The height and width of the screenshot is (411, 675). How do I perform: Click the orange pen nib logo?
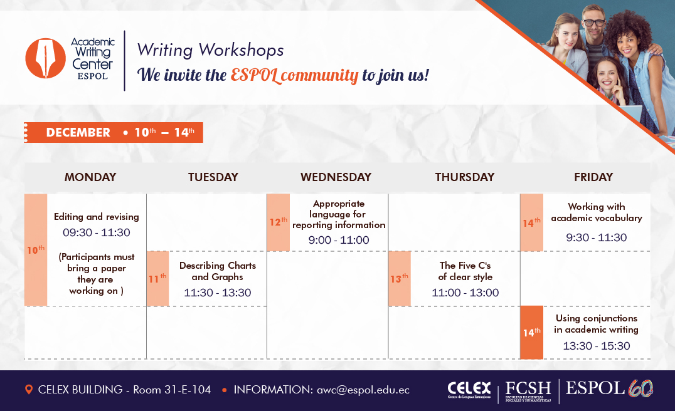tap(45, 58)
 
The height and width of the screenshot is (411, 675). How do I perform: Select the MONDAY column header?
tap(90, 177)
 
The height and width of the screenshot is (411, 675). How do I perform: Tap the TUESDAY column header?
tap(213, 177)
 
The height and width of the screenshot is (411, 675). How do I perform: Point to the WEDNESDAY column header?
tap(336, 177)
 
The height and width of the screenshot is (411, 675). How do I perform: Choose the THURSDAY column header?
tap(464, 177)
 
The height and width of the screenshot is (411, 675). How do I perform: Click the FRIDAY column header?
tap(593, 177)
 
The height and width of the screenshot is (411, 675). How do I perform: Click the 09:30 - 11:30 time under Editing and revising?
tap(97, 232)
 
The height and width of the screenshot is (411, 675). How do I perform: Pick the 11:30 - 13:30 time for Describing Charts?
tap(218, 293)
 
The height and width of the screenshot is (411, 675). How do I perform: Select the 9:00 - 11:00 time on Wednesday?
tap(339, 240)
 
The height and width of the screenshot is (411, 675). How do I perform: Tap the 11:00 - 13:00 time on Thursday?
tap(465, 293)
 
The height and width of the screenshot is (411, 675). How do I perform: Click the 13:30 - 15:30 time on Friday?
tap(597, 346)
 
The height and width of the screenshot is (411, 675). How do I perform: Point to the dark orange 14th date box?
tap(531, 332)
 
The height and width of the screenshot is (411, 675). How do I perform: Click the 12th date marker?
tap(278, 222)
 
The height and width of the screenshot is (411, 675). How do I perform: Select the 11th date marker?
tap(157, 279)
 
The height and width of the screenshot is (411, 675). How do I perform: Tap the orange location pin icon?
tap(29, 390)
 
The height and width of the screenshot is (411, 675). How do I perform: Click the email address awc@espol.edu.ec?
tap(363, 390)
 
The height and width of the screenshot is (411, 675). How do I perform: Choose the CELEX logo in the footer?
tap(469, 390)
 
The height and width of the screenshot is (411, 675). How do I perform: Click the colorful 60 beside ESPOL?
tap(640, 388)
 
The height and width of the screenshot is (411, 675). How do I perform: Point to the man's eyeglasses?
tap(594, 23)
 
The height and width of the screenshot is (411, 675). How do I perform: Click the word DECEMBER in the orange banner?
tap(78, 132)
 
